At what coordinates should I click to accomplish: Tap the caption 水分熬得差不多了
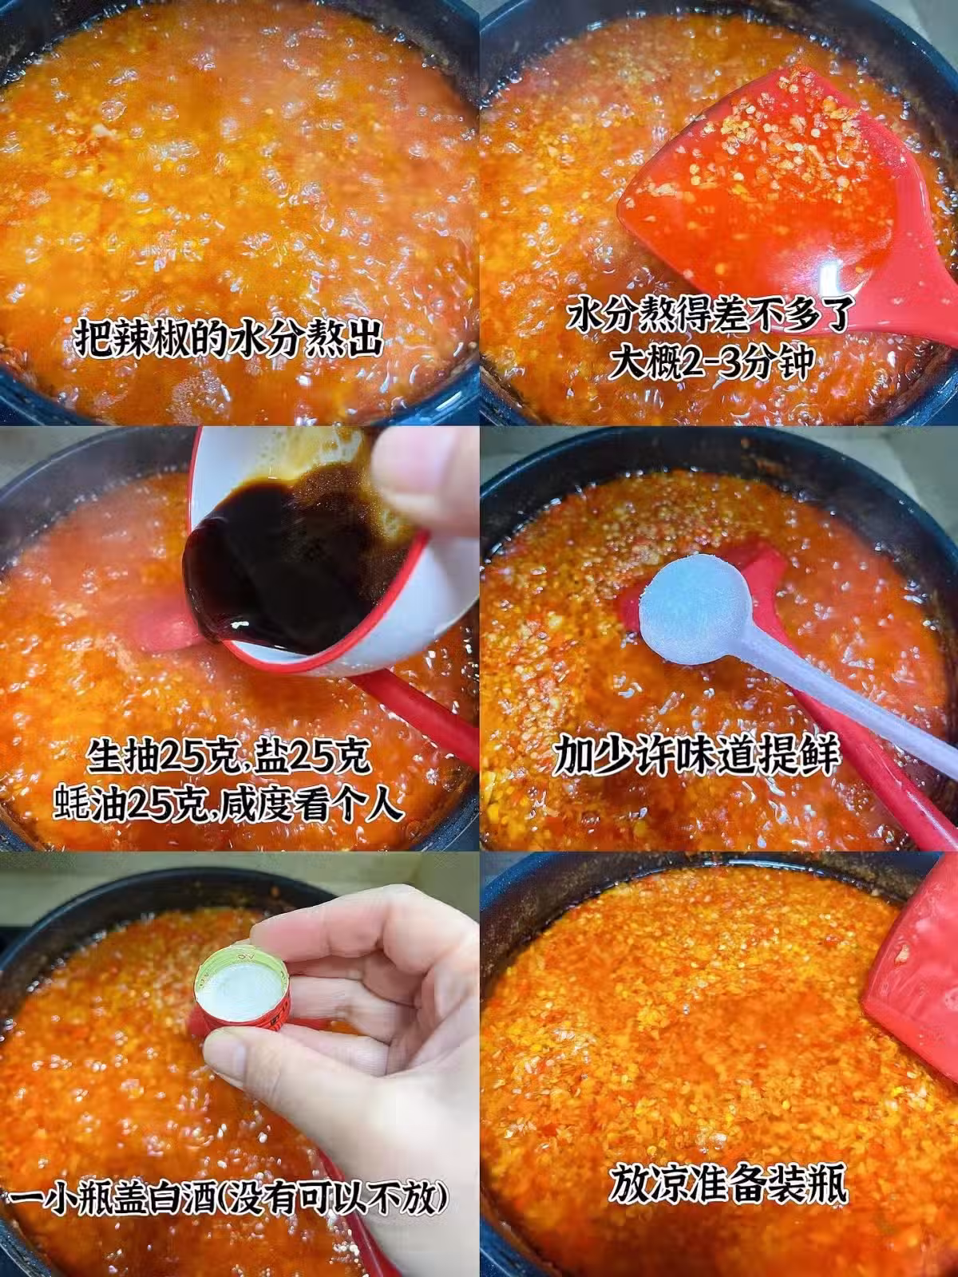coord(710,317)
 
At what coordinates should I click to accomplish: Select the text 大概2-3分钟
coord(711,363)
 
